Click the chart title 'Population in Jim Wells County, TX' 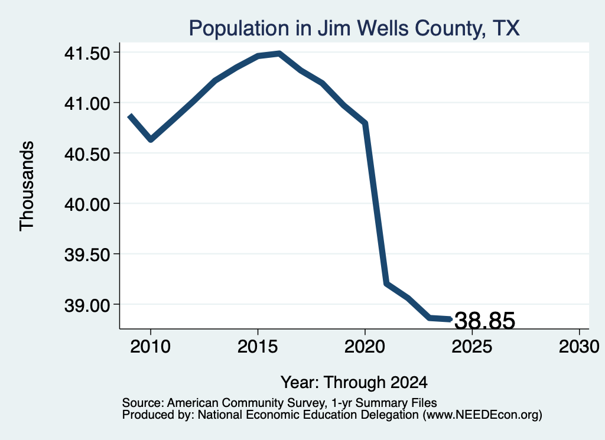click(354, 28)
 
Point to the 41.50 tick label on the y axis click(87, 53)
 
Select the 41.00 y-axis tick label click(87, 103)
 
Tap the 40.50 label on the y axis click(87, 154)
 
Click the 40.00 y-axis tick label click(87, 204)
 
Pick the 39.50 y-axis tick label click(87, 255)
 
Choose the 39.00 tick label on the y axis click(87, 305)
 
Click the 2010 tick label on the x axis click(151, 346)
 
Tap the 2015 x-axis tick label click(258, 346)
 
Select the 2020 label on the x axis click(365, 346)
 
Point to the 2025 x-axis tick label click(472, 346)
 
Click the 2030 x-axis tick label click(579, 346)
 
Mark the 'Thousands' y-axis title click(27, 186)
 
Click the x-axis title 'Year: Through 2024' click(354, 383)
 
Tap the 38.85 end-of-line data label click(485, 321)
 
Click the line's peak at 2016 click(279, 54)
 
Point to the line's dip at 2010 click(151, 139)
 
